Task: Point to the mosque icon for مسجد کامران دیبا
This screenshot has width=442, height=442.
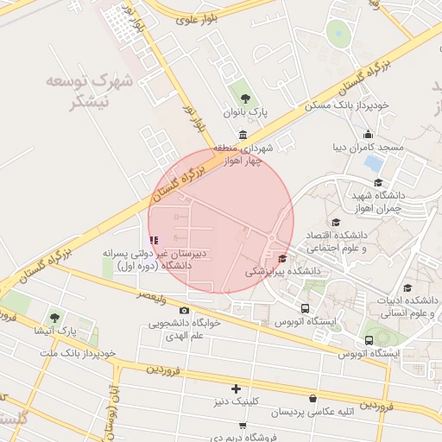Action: click(369, 134)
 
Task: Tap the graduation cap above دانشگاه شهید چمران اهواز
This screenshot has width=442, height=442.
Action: click(378, 182)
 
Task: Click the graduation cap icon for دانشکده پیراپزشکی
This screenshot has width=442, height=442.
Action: click(282, 258)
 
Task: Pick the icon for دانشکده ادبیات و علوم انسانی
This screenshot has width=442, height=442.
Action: click(407, 288)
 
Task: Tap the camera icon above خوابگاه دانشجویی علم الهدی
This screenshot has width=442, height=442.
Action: click(184, 310)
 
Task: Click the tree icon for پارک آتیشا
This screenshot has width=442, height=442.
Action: click(55, 317)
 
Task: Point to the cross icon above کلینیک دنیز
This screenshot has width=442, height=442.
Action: click(236, 388)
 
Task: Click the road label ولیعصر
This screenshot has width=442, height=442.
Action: click(154, 297)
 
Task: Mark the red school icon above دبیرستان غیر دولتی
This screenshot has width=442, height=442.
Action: click(154, 240)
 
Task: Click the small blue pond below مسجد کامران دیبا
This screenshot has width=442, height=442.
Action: click(372, 161)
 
